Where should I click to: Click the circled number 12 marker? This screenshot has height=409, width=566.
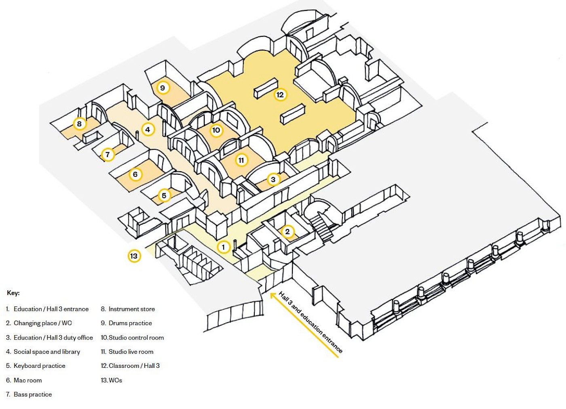pyautogui.click(x=280, y=95)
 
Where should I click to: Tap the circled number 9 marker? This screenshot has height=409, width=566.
pyautogui.click(x=163, y=88)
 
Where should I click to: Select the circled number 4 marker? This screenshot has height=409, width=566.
pyautogui.click(x=148, y=130)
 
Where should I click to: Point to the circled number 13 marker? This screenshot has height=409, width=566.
pyautogui.click(x=134, y=256)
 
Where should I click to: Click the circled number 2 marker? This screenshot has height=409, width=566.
pyautogui.click(x=287, y=232)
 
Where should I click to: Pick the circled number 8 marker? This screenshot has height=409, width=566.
pyautogui.click(x=79, y=124)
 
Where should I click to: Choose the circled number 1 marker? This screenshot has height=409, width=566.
pyautogui.click(x=223, y=247)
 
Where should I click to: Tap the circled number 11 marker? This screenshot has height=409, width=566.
pyautogui.click(x=241, y=160)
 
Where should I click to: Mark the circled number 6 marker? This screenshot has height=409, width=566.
pyautogui.click(x=135, y=174)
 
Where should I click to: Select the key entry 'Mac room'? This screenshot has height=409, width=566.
pyautogui.click(x=27, y=380)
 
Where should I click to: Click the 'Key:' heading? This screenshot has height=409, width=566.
pyautogui.click(x=13, y=293)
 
